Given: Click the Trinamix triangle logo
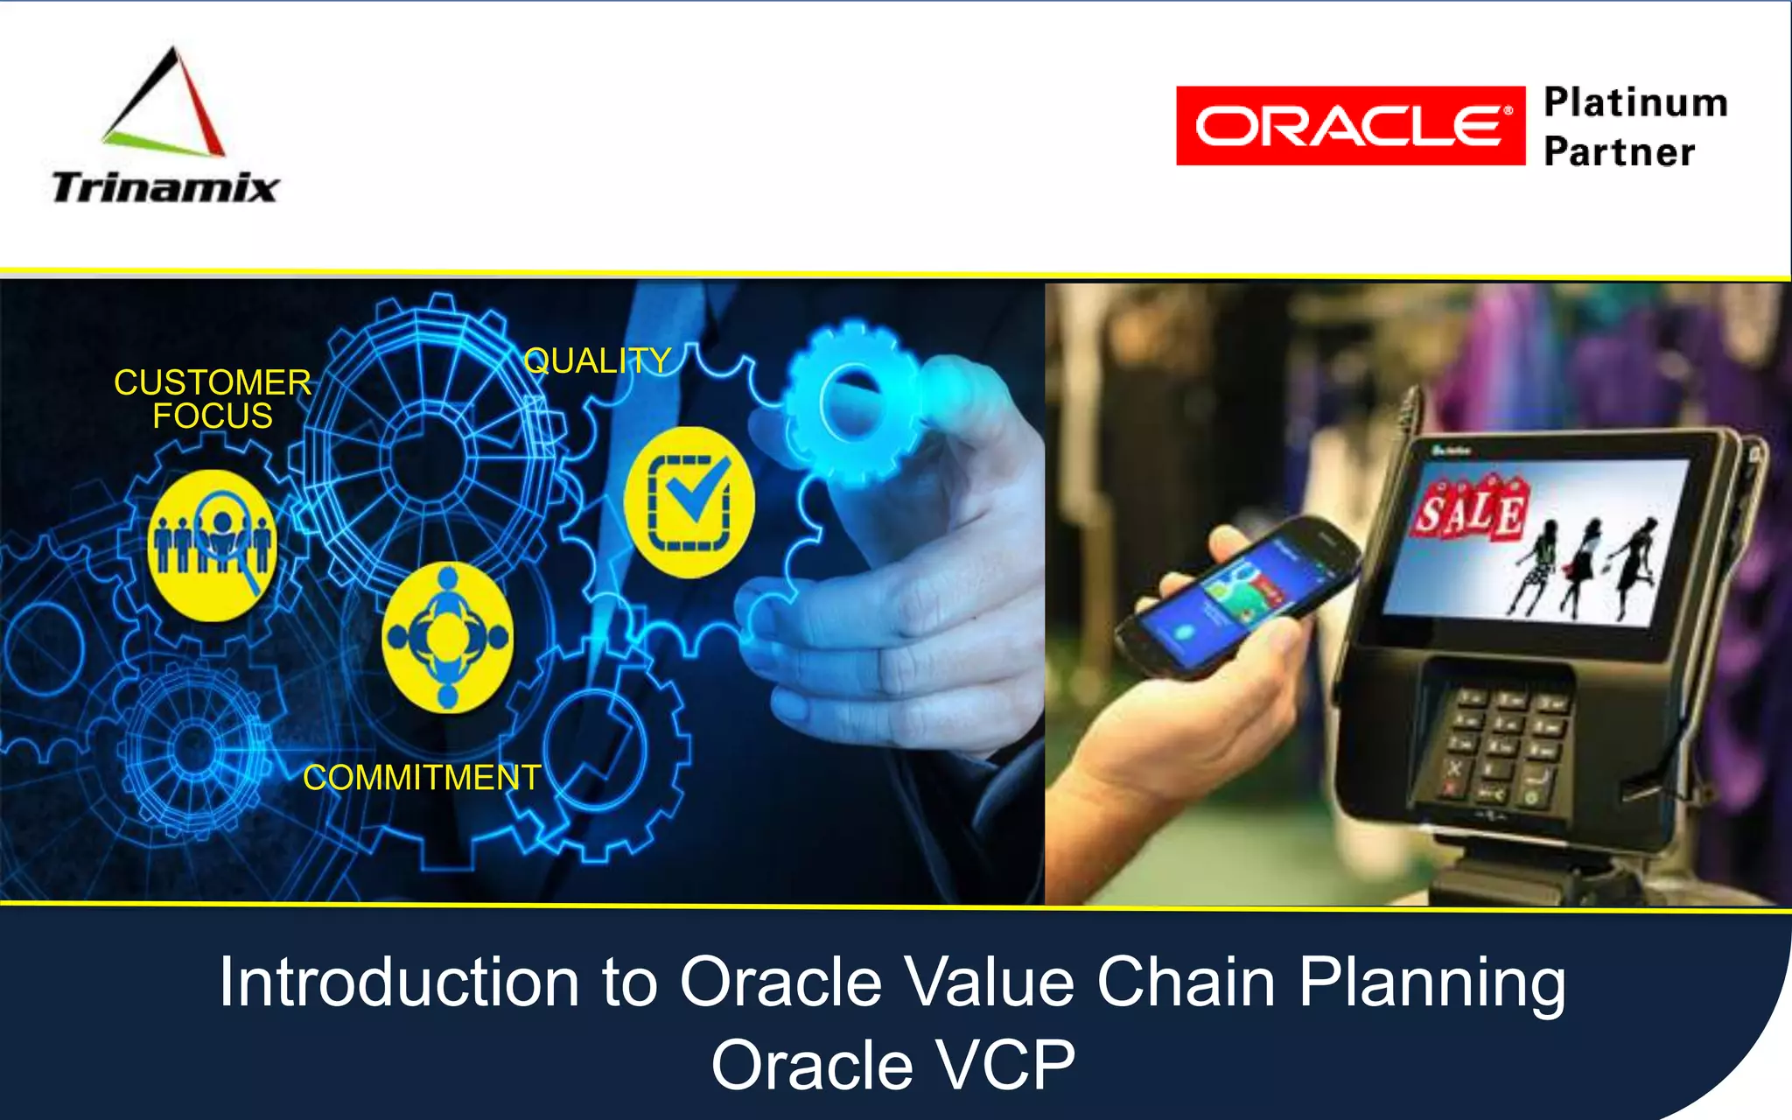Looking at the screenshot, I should (165, 105).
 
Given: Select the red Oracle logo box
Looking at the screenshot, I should (1349, 126).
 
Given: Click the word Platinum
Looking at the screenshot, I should (1635, 102).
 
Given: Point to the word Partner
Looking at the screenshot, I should (1619, 152).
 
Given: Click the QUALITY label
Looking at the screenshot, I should (597, 360).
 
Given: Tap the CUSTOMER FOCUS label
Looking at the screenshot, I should (213, 399).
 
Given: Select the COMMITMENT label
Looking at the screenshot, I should (422, 777).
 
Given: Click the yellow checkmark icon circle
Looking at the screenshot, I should (689, 501).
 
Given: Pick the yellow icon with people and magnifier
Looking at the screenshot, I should (213, 544).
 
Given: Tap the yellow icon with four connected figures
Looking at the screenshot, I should (447, 636).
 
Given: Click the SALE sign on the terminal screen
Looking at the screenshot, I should (1470, 507).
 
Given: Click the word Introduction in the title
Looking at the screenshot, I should (399, 982).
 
